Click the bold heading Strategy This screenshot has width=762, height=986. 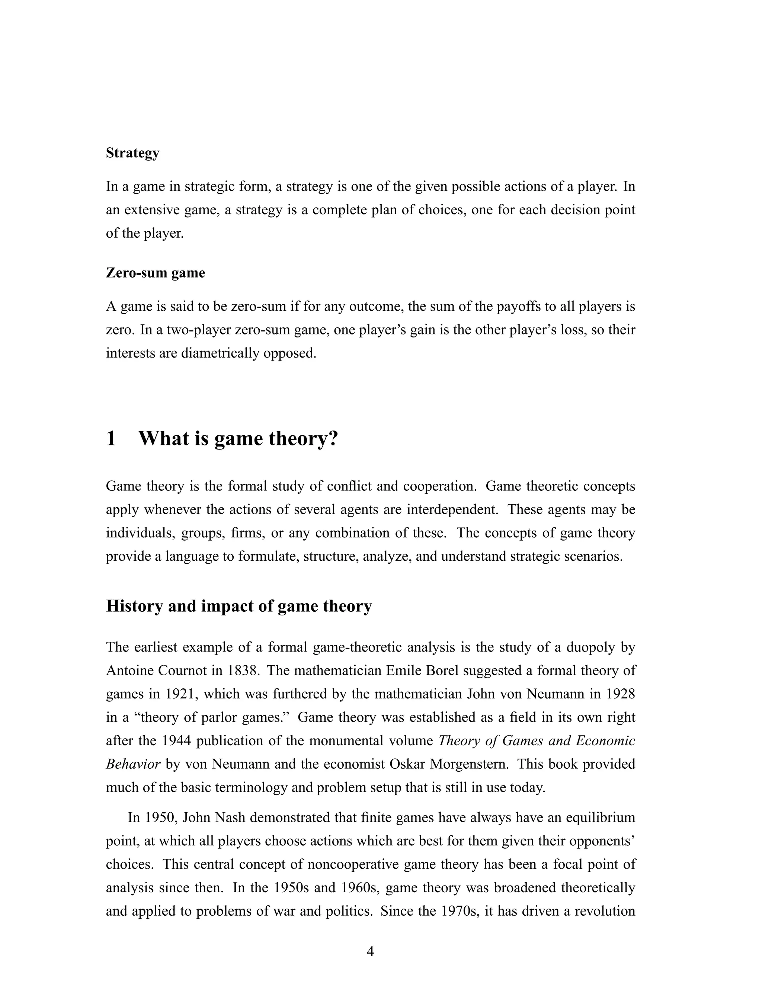132,153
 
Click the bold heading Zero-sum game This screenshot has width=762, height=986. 155,273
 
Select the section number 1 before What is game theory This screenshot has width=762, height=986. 111,438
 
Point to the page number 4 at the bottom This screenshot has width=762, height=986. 370,952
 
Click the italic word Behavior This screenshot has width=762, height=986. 133,764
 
